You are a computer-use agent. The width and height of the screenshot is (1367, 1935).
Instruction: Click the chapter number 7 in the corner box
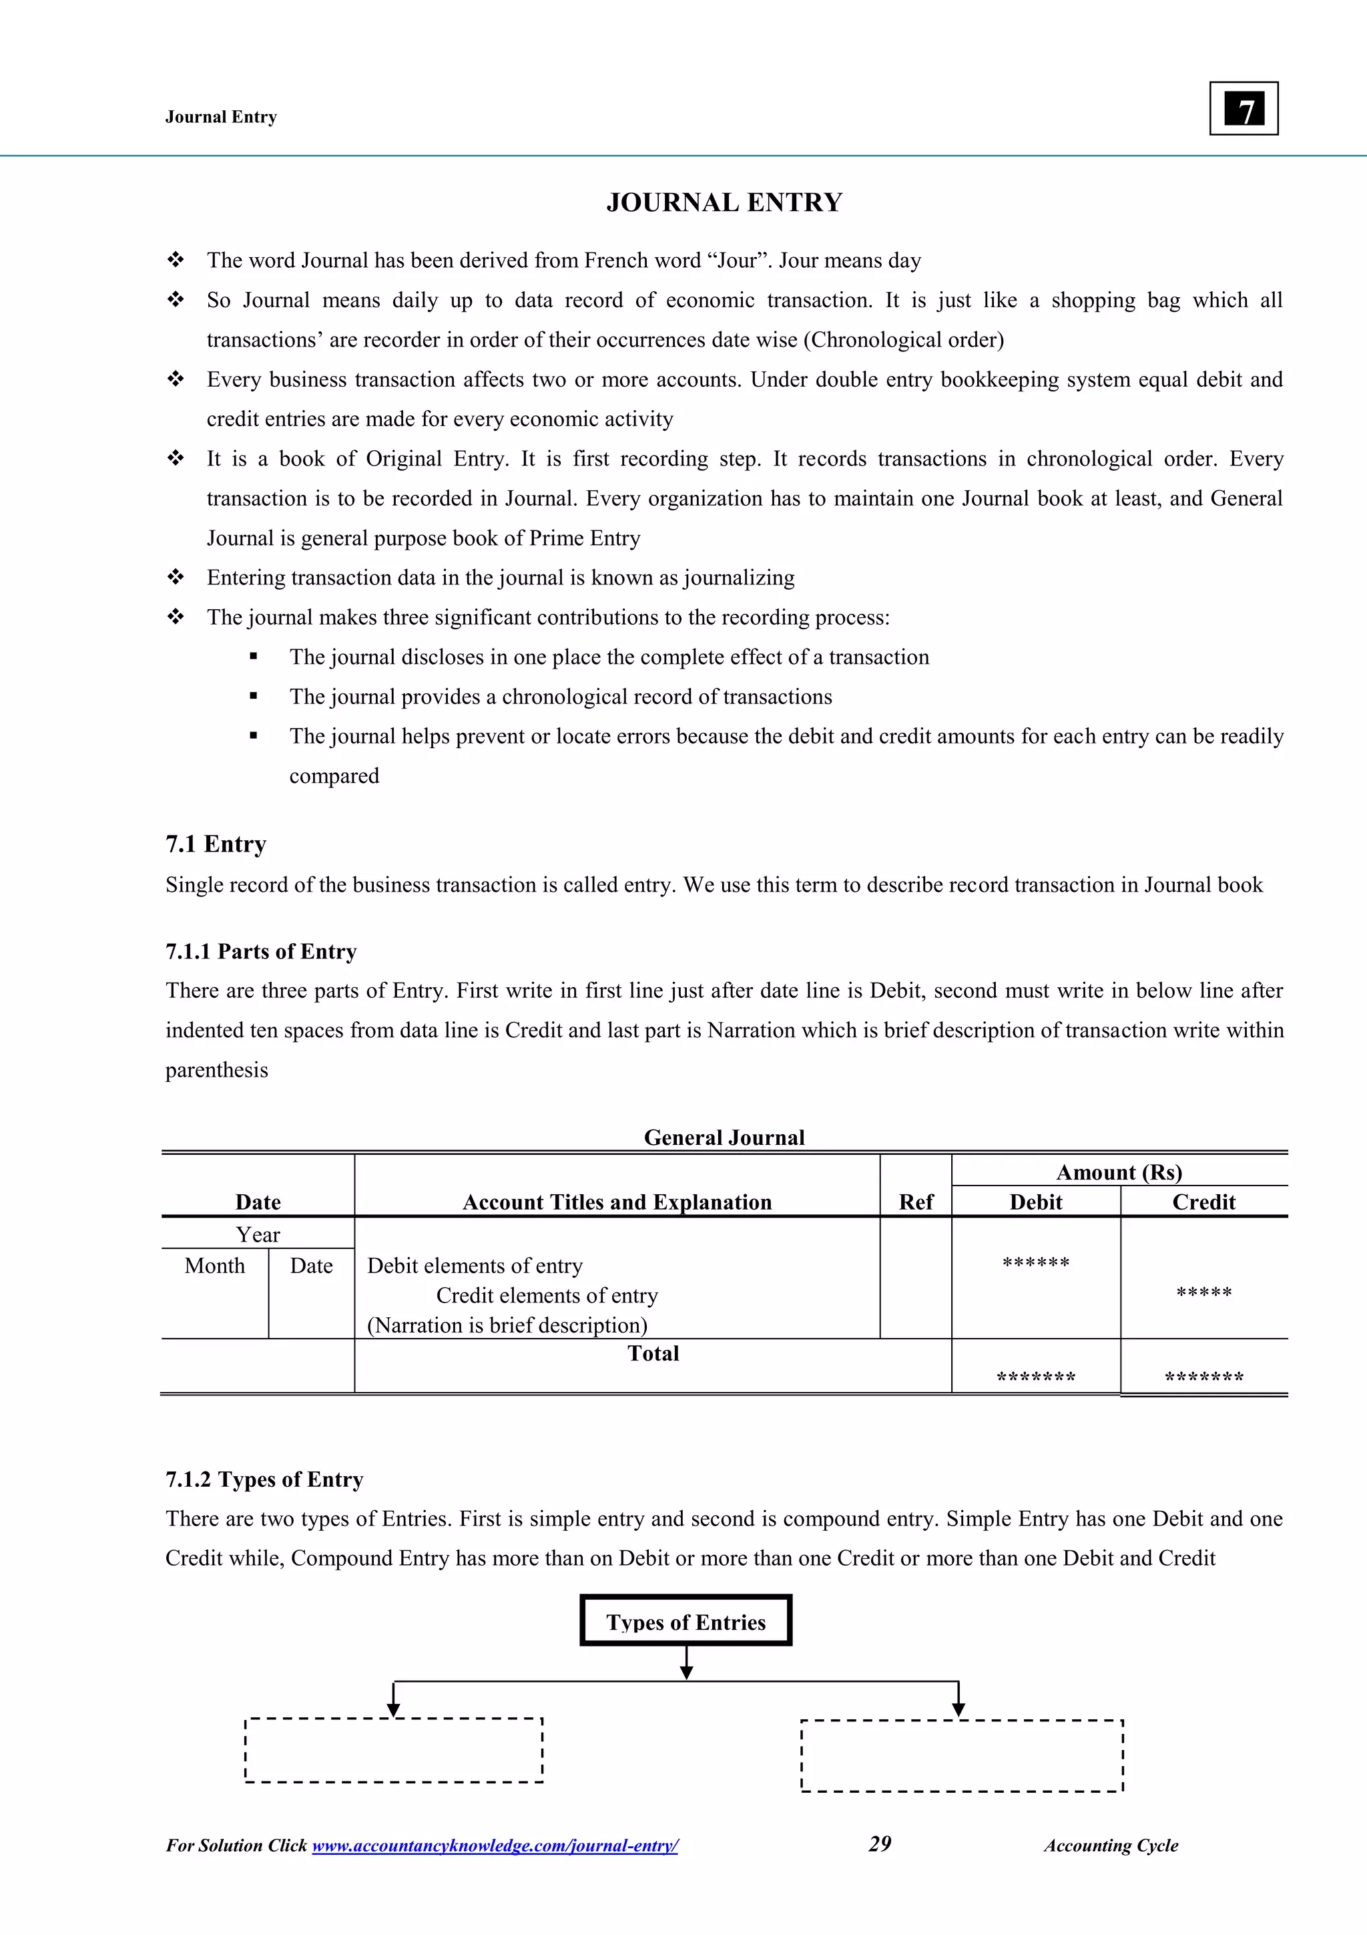pyautogui.click(x=1244, y=110)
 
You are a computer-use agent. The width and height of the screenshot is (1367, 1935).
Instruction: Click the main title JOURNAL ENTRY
pyautogui.click(x=724, y=203)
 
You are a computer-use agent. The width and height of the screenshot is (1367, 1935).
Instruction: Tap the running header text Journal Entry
pyautogui.click(x=221, y=117)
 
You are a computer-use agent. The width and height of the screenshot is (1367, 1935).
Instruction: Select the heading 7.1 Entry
pyautogui.click(x=216, y=844)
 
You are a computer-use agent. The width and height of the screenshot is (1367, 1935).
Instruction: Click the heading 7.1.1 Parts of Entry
pyautogui.click(x=261, y=952)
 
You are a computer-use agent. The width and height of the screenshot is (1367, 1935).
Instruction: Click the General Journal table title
pyautogui.click(x=724, y=1137)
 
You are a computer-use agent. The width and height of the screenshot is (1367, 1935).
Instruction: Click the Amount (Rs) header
pyautogui.click(x=1119, y=1172)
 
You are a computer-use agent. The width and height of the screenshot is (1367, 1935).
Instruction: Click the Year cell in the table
pyautogui.click(x=258, y=1234)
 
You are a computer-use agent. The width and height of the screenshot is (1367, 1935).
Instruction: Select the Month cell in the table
pyautogui.click(x=215, y=1266)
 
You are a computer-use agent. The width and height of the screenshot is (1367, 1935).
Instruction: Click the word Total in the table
pyautogui.click(x=653, y=1353)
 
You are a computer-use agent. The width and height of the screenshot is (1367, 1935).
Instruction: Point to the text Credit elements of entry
pyautogui.click(x=547, y=1295)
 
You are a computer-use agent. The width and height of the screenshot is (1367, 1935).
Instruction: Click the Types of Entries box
pyautogui.click(x=686, y=1622)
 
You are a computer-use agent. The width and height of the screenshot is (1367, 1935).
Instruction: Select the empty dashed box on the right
pyautogui.click(x=962, y=1755)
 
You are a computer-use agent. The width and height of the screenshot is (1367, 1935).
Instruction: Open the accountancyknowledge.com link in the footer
pyautogui.click(x=495, y=1845)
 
